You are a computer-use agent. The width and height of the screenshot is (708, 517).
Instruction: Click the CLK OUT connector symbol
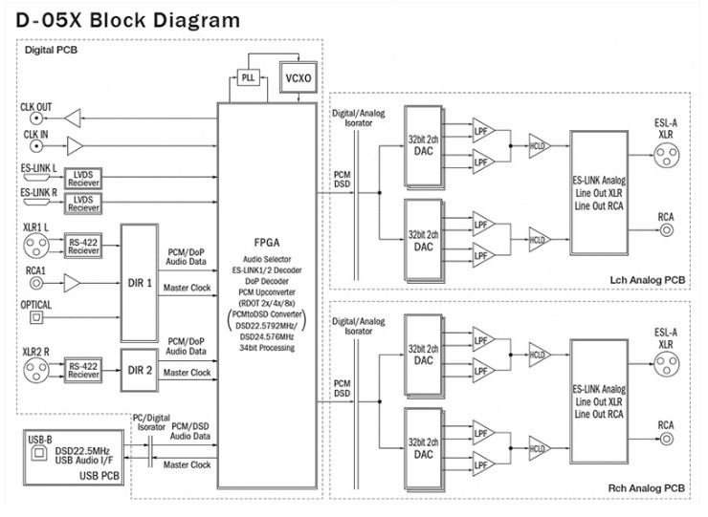tap(36, 118)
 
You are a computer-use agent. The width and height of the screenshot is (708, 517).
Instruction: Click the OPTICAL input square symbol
tap(36, 317)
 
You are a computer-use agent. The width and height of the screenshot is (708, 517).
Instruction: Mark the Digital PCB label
tap(48, 51)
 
